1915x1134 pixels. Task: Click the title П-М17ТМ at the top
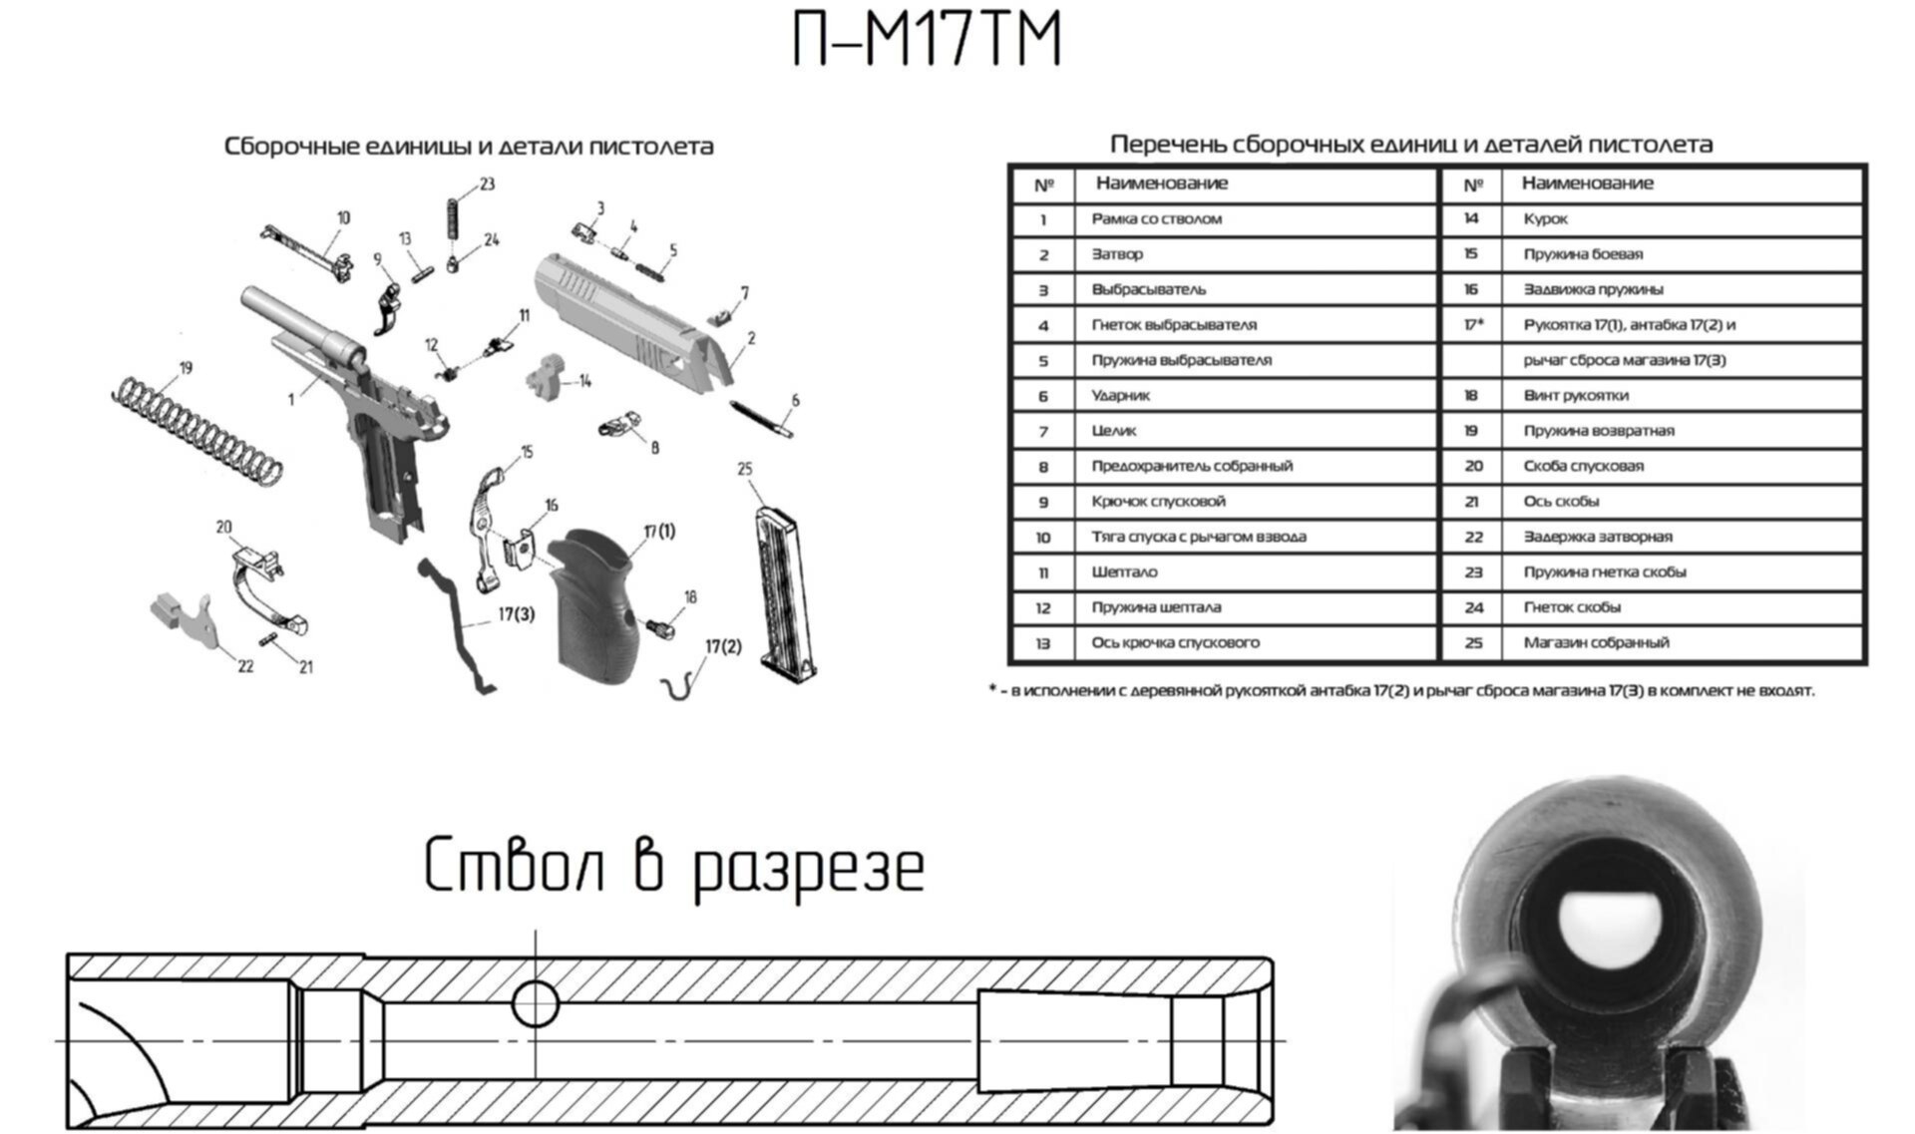(927, 40)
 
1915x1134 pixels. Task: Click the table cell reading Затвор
(1117, 254)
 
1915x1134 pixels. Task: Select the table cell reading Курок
(1545, 218)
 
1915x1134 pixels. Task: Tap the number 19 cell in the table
(1471, 431)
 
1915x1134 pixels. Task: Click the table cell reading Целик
(1113, 431)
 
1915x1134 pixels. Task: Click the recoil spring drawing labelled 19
(195, 430)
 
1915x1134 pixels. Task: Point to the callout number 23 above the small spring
(487, 185)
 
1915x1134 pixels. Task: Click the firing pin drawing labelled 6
(761, 419)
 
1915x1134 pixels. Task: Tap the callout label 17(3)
(516, 614)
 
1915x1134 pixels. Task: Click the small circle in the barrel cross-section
(536, 1003)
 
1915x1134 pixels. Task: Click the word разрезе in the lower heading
(808, 867)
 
